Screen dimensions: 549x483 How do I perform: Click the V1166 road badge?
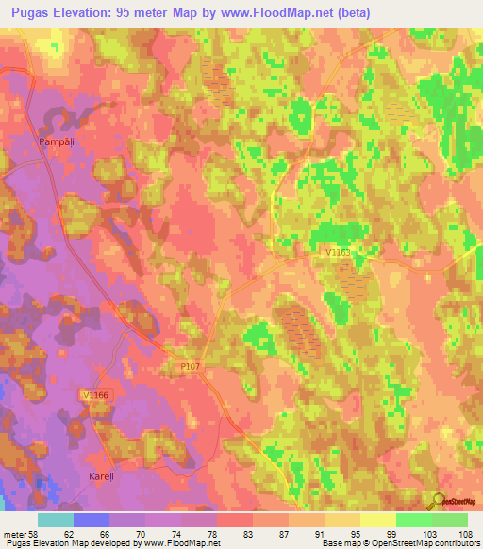click(x=96, y=395)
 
